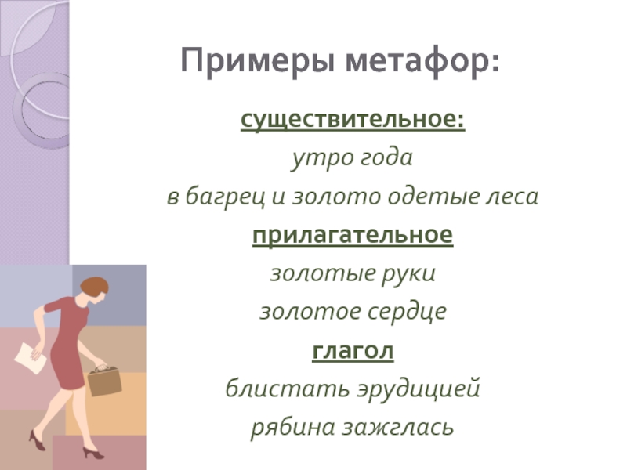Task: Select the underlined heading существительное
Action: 353,119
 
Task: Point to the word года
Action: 387,158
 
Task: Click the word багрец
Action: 225,197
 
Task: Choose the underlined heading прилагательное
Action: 353,235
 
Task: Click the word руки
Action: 408,274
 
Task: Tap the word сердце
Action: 407,312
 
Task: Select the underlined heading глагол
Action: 353,351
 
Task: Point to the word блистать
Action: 288,388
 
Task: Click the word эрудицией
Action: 419,389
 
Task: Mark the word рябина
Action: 292,427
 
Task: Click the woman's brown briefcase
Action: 105,381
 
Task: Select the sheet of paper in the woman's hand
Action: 30,358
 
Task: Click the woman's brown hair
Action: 94,286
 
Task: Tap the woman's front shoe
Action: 92,453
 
